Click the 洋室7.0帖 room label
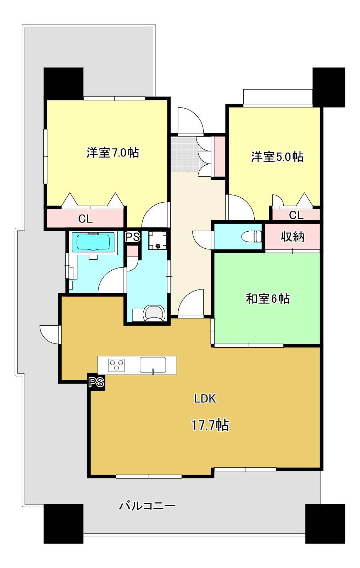tap(113, 153)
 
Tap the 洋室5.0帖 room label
tap(277, 157)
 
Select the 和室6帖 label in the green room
tap(268, 299)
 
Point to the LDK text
tap(205, 399)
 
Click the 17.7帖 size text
tap(210, 425)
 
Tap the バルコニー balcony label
tap(147, 506)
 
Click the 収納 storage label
tap(292, 237)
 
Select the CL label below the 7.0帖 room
tap(85, 219)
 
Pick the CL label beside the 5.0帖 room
tap(296, 215)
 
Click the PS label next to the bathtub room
tap(133, 237)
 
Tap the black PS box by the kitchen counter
tap(96, 382)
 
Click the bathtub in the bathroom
tap(94, 242)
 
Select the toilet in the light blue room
tap(251, 236)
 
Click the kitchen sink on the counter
tap(153, 365)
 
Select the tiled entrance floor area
tap(183, 153)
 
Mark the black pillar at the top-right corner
tap(328, 87)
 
